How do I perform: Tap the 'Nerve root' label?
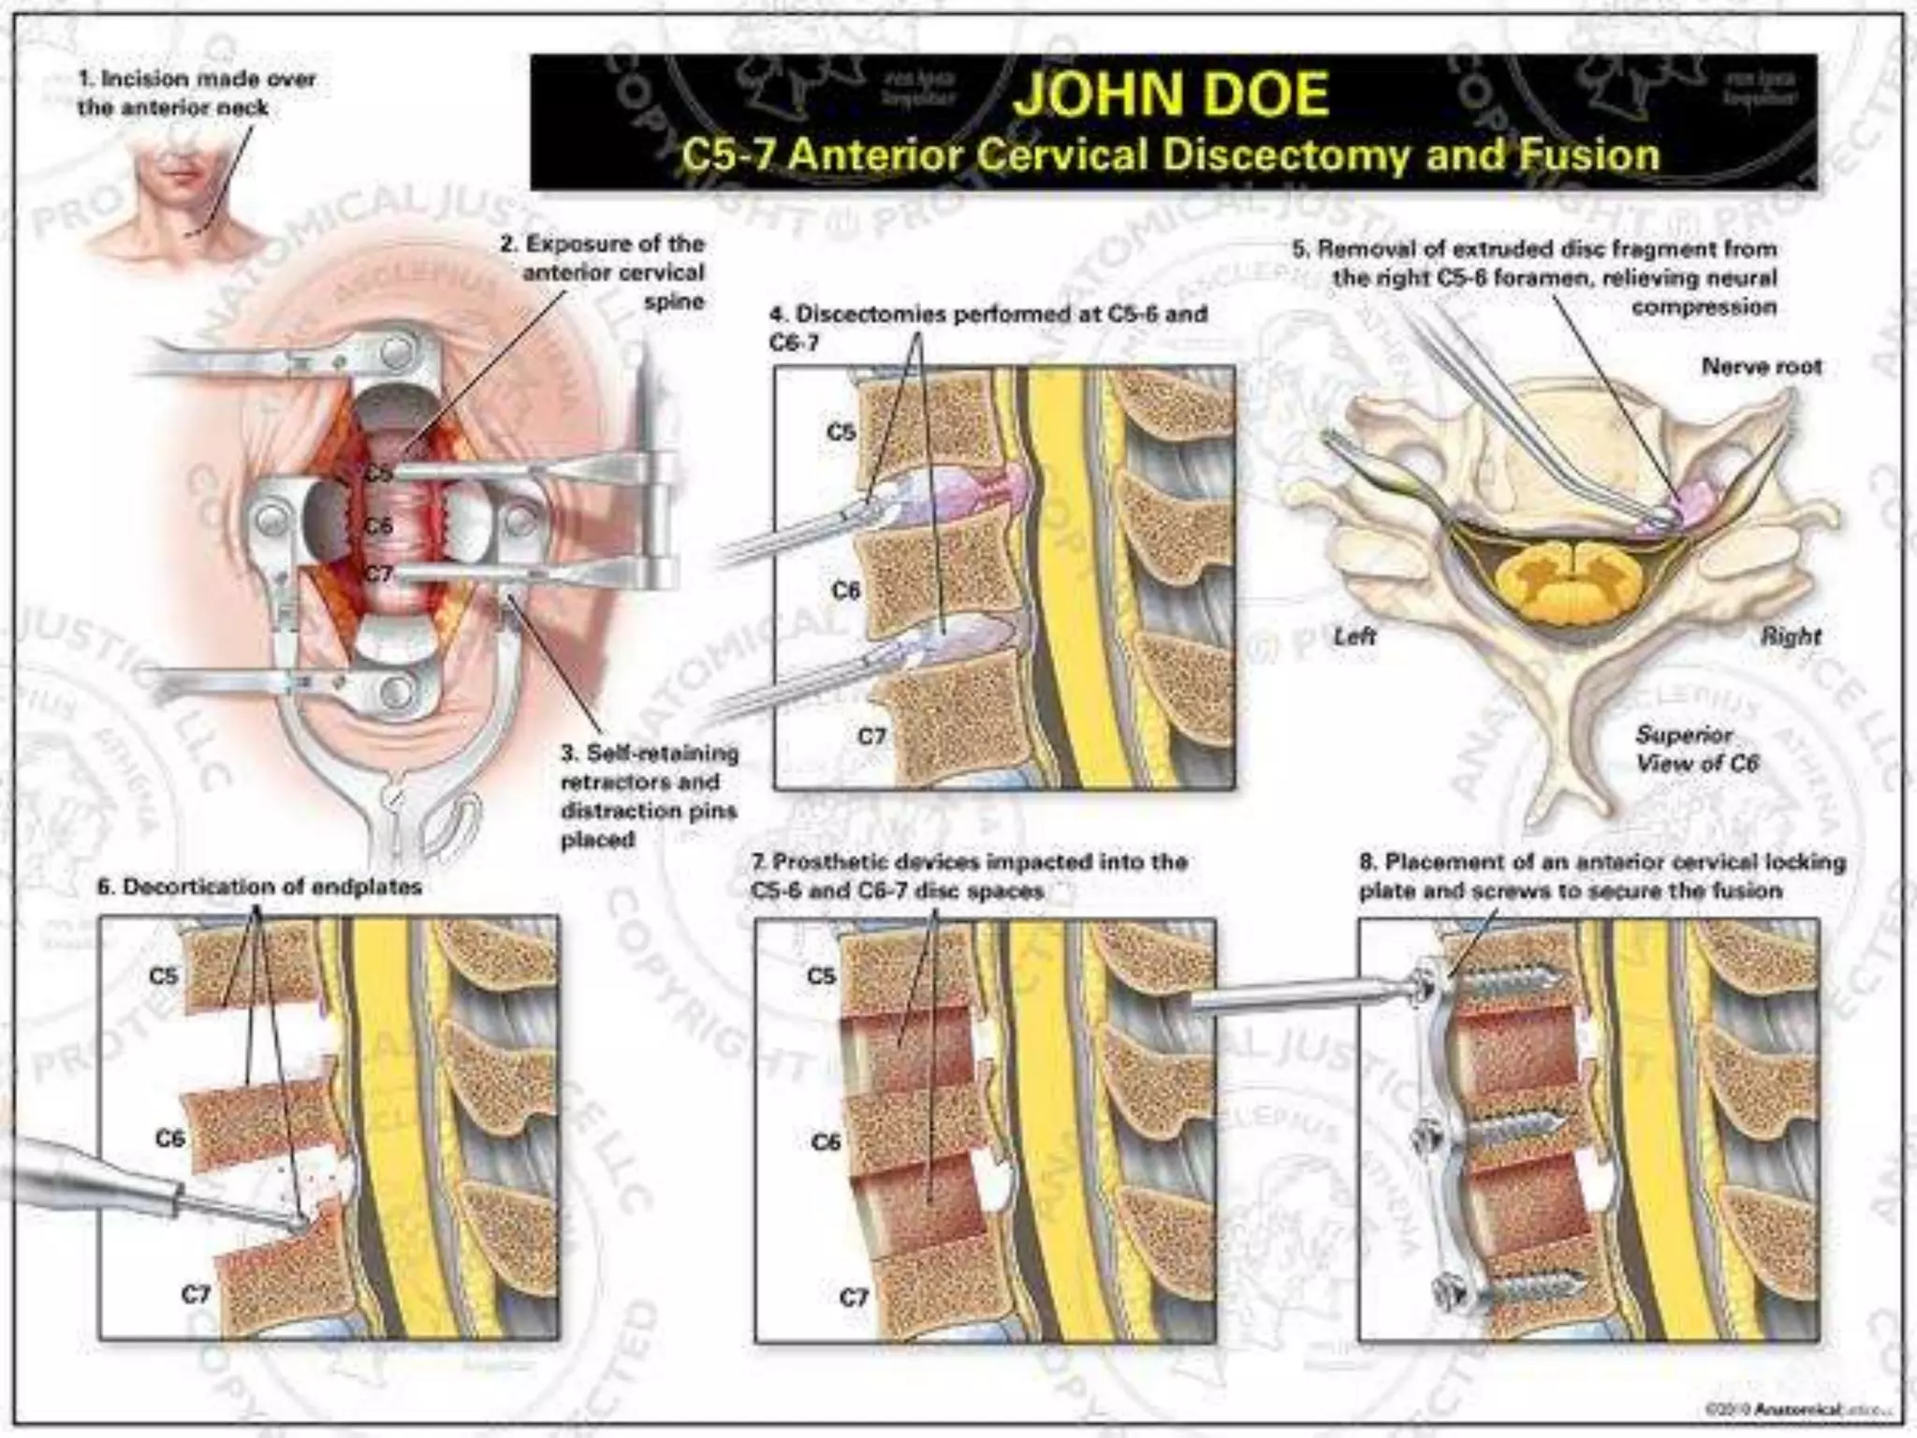(1761, 366)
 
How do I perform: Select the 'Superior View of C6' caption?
(1696, 749)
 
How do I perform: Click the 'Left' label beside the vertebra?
(1354, 637)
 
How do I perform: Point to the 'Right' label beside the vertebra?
(1791, 637)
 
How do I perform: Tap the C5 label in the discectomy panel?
(841, 432)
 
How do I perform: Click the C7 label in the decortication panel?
(195, 1294)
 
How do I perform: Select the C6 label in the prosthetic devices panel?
(826, 1141)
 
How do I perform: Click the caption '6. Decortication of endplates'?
(260, 886)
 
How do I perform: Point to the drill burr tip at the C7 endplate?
(298, 1222)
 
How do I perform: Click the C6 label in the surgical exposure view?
(378, 525)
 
